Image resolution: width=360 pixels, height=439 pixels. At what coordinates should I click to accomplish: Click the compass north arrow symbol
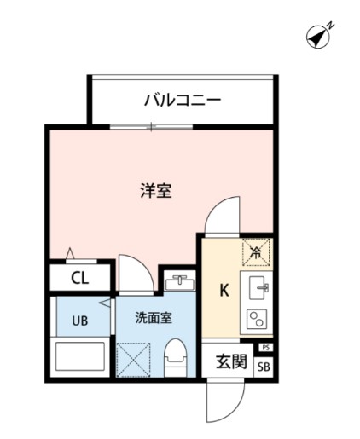pos(320,38)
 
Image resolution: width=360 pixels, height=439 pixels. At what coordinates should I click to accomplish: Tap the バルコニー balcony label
pos(182,100)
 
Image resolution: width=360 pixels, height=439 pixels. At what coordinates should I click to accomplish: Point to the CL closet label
pos(79,277)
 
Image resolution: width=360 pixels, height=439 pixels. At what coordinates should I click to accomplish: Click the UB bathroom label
pos(79,321)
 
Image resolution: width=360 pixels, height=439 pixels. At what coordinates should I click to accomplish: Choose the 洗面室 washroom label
pos(154,318)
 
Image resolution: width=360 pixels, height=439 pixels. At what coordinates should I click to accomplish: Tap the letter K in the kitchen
pos(224,290)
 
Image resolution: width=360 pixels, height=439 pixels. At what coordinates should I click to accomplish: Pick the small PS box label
pos(265,348)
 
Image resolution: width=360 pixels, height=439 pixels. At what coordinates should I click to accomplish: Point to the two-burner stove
pos(256,320)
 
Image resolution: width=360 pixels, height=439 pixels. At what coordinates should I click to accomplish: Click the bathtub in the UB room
pos(79,357)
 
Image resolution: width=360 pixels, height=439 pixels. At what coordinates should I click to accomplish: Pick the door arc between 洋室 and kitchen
pos(224,216)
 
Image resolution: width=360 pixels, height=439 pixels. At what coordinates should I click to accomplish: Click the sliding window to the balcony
pos(152,128)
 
